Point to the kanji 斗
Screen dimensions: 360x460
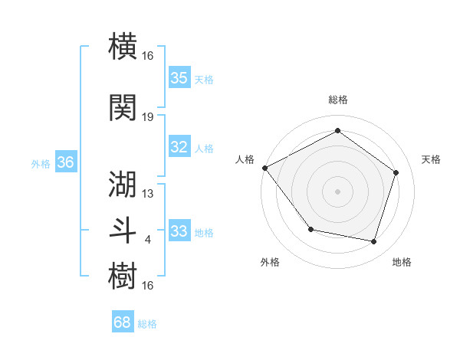123,230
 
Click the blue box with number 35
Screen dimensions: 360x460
179,77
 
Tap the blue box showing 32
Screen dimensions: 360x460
179,147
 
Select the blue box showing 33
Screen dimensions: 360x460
179,231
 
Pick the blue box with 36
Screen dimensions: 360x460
65,162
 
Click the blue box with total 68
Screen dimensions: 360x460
123,322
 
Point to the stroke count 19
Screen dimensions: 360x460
148,117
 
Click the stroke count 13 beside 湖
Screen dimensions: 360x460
148,194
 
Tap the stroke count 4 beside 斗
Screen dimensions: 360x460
148,240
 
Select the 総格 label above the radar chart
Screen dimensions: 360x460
337,100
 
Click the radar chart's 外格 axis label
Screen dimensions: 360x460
270,262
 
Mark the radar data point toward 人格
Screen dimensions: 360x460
265,168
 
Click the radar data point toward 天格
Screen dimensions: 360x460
396,172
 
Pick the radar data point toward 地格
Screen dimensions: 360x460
373,241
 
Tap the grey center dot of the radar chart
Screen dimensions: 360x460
337,191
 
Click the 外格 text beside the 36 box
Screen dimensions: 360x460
41,163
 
